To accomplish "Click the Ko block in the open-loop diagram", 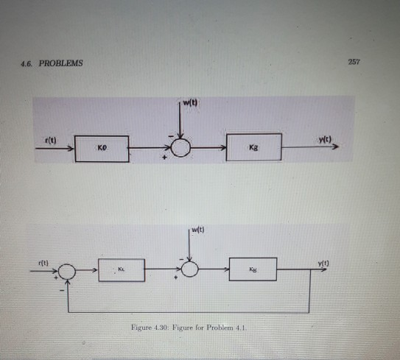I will [x=101, y=147].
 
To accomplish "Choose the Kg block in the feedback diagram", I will [x=253, y=269].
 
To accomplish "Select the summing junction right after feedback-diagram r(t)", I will [x=66, y=271].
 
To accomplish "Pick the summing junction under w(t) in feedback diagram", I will [x=191, y=270].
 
